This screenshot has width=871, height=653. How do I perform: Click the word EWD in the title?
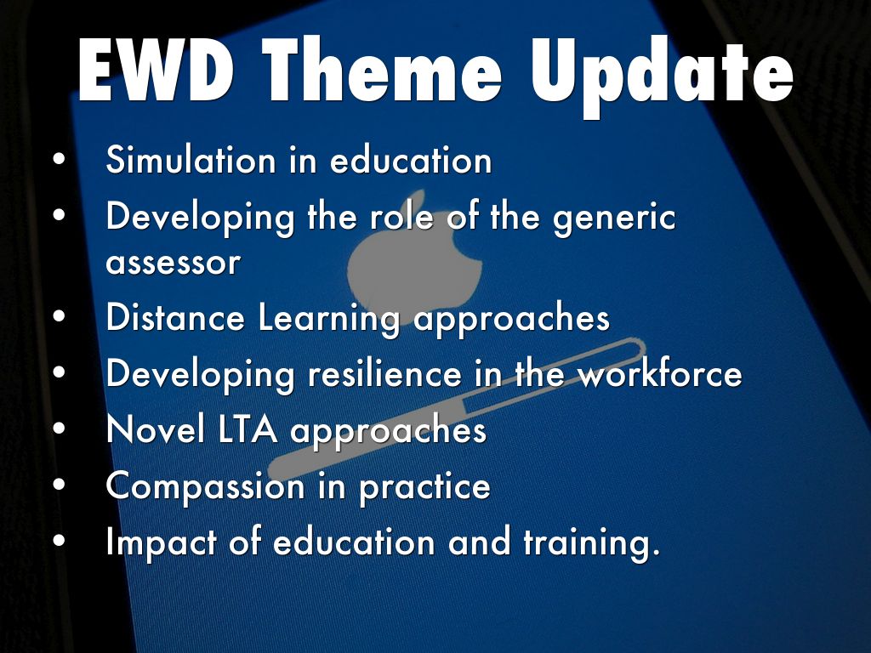coord(155,70)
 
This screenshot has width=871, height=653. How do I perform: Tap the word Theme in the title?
coord(383,70)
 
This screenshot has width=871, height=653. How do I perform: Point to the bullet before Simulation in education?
coord(60,158)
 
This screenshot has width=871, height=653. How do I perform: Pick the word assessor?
coord(173,263)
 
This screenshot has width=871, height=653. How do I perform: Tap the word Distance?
coord(175,317)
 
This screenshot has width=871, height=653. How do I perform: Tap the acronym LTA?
coord(248,429)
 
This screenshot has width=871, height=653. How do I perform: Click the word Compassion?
coord(206,487)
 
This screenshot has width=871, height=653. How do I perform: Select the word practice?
coord(424,487)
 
